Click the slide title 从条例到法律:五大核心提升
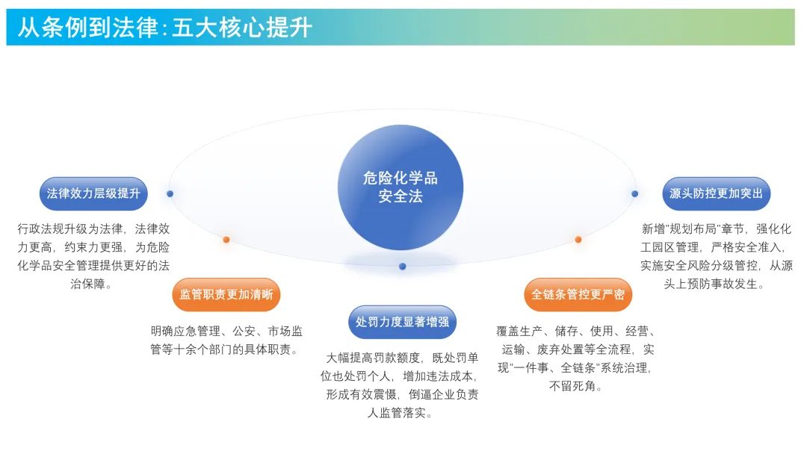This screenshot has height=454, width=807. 164,28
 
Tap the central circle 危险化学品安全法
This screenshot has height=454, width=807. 401,187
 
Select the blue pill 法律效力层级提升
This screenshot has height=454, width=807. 93,193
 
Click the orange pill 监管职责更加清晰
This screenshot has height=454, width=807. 226,294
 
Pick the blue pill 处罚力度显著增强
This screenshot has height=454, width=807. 402,322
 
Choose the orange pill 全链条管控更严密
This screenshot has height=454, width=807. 578,294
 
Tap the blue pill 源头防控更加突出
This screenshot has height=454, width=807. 716,193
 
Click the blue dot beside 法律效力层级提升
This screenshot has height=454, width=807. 170,193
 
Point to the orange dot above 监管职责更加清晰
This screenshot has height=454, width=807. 226,240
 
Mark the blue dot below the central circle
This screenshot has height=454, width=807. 403,266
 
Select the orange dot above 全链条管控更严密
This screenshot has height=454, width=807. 578,240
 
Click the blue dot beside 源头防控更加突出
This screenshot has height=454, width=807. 634,193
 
